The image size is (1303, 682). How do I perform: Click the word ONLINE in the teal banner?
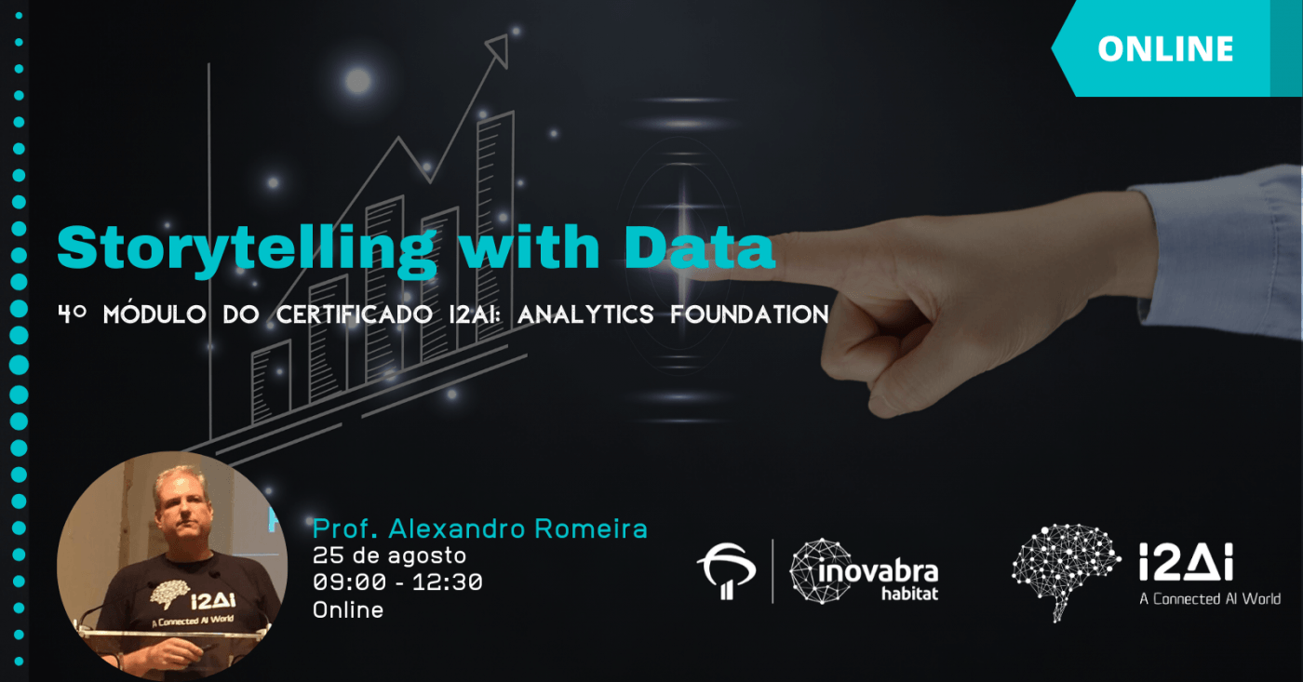click(1165, 48)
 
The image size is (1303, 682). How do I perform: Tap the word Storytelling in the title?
click(247, 250)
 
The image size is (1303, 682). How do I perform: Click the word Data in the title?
click(699, 247)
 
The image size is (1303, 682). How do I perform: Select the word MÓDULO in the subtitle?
click(154, 314)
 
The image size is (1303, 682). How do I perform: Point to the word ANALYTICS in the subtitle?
click(585, 314)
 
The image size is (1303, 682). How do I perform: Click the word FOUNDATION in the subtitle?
click(750, 314)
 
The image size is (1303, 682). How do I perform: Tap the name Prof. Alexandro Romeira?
click(480, 528)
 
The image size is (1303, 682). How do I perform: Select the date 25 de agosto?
click(389, 555)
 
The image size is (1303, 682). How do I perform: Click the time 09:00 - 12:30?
click(398, 582)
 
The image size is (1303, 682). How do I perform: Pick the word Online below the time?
click(348, 610)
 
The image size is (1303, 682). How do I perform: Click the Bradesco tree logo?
click(727, 570)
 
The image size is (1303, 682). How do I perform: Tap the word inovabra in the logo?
click(878, 572)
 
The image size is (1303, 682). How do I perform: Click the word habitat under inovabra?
click(910, 594)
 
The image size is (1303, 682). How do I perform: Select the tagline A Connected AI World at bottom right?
click(1210, 599)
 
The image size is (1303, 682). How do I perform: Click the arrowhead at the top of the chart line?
click(499, 50)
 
